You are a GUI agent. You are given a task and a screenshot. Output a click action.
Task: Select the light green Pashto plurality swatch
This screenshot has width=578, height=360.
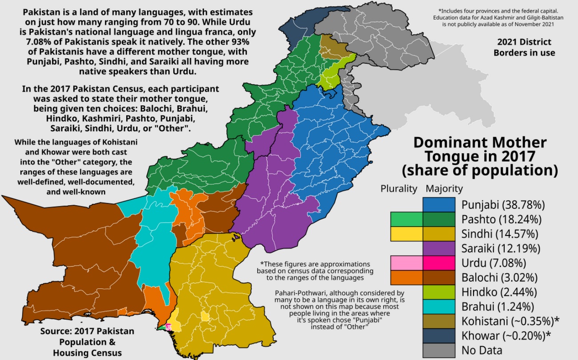click(x=406, y=220)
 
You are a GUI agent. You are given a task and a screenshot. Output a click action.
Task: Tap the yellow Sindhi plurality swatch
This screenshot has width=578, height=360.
click(x=406, y=234)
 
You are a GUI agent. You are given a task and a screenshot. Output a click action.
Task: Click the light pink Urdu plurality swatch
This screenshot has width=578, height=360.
click(x=406, y=263)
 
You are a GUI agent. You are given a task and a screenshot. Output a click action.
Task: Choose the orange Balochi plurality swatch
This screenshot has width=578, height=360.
click(x=406, y=278)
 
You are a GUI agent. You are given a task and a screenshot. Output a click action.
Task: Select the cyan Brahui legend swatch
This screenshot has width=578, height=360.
click(x=439, y=307)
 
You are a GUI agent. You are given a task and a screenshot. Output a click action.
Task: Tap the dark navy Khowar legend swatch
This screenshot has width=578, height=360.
click(x=439, y=336)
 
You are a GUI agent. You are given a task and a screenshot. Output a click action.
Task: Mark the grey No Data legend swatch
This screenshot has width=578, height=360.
click(x=439, y=350)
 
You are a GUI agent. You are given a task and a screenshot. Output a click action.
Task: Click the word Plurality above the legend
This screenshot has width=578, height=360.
click(x=399, y=188)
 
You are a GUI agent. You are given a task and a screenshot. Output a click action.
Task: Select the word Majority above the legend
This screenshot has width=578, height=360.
click(x=444, y=188)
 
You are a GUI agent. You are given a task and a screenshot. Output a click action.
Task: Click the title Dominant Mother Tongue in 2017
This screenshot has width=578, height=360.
click(x=480, y=156)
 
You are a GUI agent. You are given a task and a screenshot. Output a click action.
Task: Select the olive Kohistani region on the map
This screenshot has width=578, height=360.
click(x=329, y=45)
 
